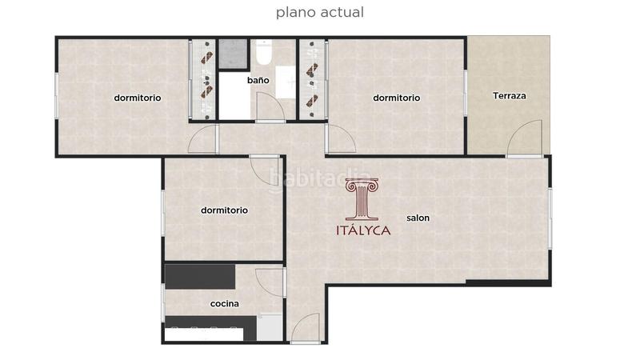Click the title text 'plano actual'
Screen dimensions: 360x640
[320, 12]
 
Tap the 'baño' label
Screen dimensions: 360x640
[257, 80]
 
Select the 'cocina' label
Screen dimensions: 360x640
[224, 304]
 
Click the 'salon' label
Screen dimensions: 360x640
[418, 218]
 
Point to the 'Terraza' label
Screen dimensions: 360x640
[510, 96]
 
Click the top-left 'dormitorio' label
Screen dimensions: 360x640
[138, 98]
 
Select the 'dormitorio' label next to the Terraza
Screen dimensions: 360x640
[397, 98]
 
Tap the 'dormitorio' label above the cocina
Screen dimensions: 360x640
[224, 210]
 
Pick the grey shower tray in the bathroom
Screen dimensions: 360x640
[234, 54]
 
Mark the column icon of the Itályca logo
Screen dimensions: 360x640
[361, 199]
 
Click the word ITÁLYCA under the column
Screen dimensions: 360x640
[362, 230]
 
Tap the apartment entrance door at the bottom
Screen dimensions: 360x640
[306, 328]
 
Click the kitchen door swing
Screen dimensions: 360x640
[272, 282]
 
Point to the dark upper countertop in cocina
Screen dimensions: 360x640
[200, 275]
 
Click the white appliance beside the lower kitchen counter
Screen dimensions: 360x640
[270, 328]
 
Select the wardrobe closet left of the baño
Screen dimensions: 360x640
[205, 79]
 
